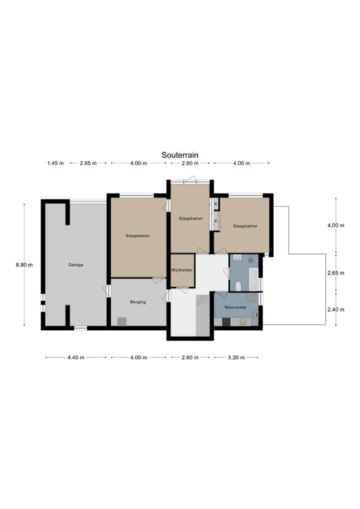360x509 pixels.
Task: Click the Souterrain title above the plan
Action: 180,155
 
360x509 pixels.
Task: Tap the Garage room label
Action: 76,264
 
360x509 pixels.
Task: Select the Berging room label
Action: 138,302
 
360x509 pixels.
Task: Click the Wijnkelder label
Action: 182,270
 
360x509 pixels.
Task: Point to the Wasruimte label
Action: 235,307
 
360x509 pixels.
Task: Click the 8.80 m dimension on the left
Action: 24,265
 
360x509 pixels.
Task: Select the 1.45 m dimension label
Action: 56,163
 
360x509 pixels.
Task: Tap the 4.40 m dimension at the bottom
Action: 76,357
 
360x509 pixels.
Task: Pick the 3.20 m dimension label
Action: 236,357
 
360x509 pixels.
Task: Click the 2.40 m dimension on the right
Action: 335,310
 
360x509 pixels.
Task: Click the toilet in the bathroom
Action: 238,286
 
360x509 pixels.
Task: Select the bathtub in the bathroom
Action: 253,279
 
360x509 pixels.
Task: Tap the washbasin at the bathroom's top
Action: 237,258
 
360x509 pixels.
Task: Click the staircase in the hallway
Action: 203,315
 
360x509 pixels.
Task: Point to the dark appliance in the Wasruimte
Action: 226,321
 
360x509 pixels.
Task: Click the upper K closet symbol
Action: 215,204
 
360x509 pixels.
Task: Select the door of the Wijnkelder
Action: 182,290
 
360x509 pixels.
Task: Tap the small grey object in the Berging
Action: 122,321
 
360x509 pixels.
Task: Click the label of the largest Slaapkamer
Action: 138,236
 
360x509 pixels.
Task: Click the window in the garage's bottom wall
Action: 80,328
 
